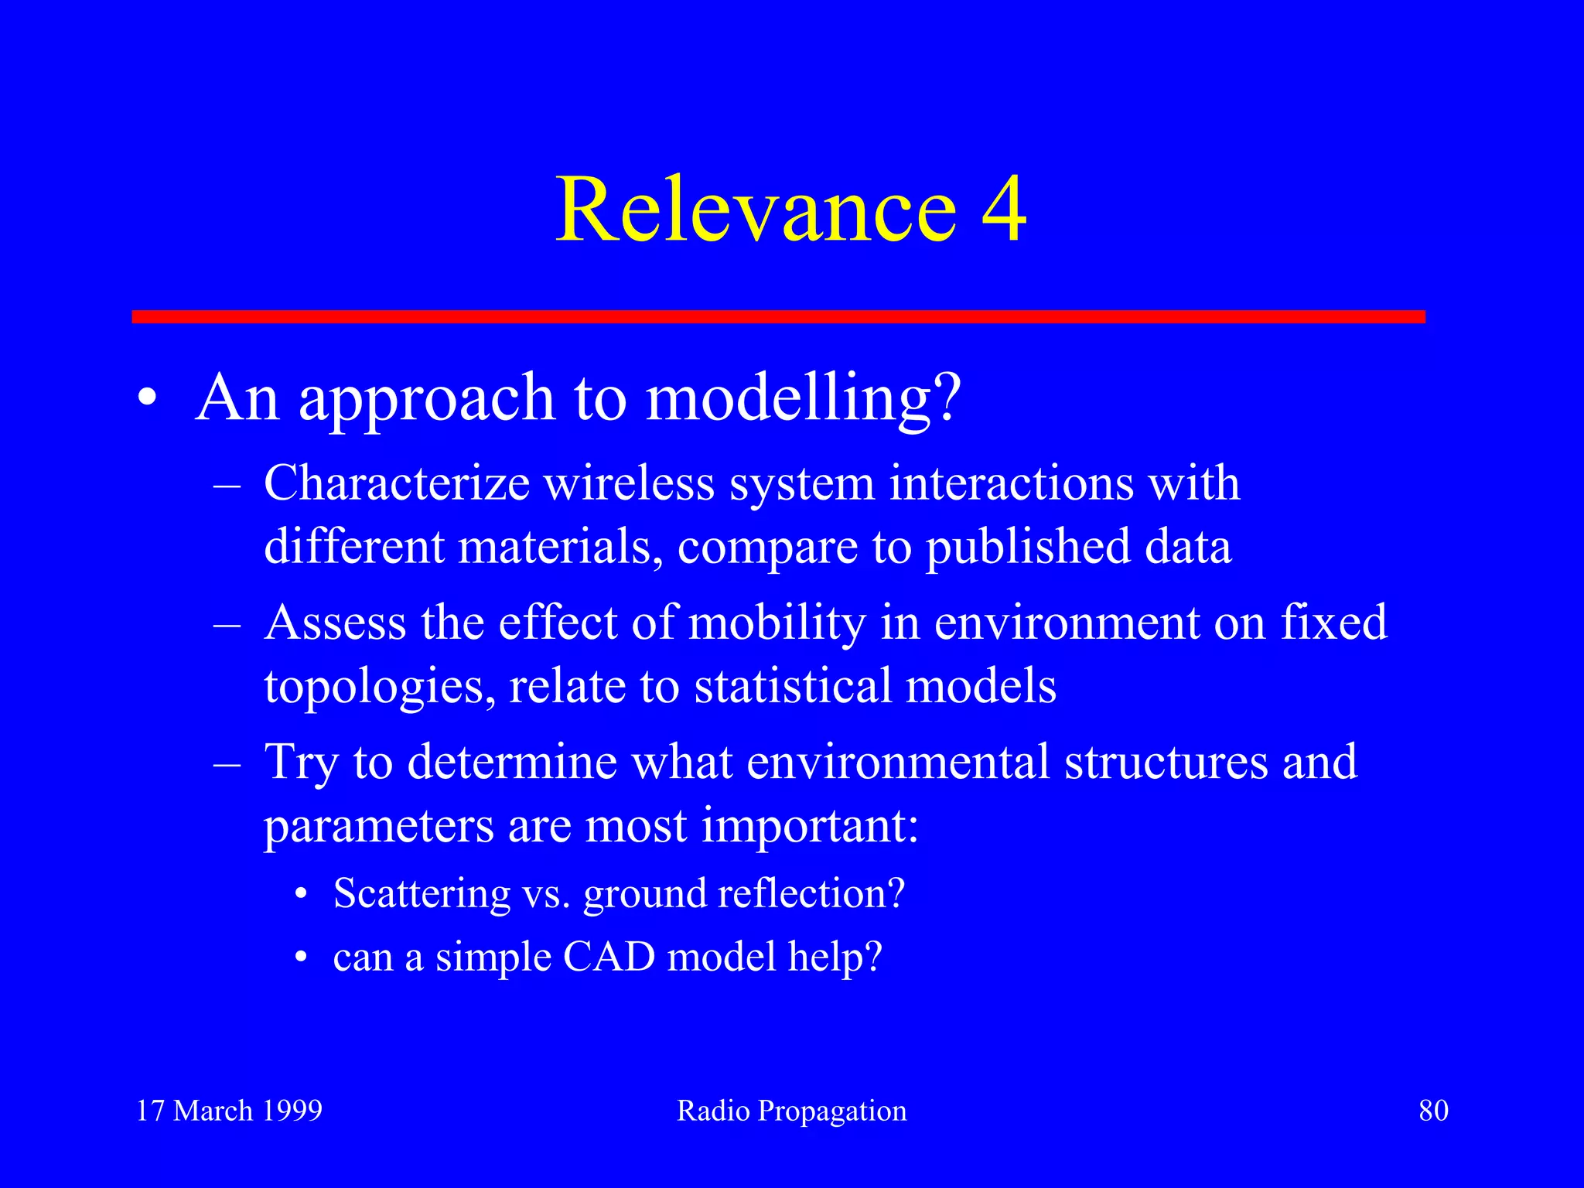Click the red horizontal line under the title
pyautogui.click(x=778, y=316)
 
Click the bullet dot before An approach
pyautogui.click(x=148, y=399)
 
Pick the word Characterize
pyautogui.click(x=397, y=483)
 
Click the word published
pyautogui.click(x=1028, y=547)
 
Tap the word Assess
pyautogui.click(x=335, y=623)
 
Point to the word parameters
pyautogui.click(x=378, y=827)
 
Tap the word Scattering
pyautogui.click(x=422, y=894)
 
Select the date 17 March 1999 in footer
pyautogui.click(x=229, y=1111)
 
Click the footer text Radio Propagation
pyautogui.click(x=791, y=1111)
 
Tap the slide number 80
pyautogui.click(x=1433, y=1111)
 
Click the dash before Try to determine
pyautogui.click(x=227, y=763)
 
